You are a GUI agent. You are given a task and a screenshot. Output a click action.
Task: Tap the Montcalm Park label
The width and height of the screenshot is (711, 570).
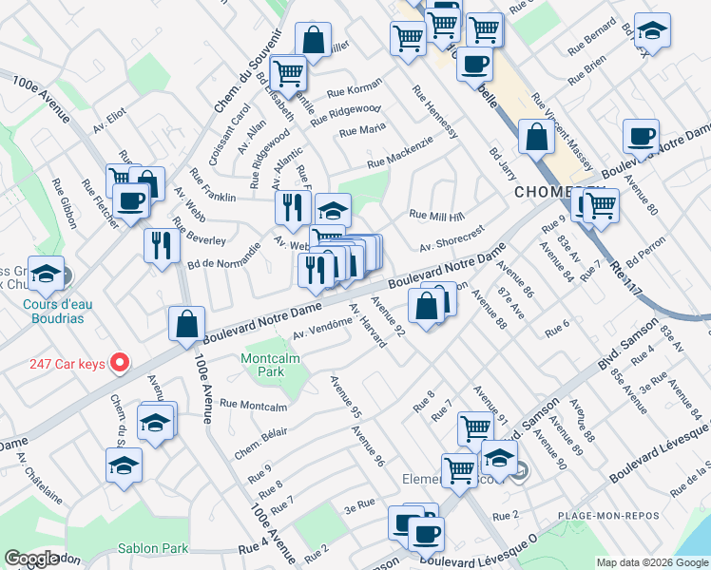[263, 364]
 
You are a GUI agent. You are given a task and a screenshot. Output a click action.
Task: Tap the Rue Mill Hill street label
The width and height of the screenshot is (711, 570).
[436, 216]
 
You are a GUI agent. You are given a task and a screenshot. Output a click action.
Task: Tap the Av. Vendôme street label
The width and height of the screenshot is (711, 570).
[322, 330]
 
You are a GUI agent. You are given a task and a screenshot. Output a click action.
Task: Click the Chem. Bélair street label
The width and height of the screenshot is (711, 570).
[259, 439]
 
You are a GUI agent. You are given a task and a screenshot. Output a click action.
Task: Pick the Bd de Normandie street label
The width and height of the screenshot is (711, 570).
[223, 256]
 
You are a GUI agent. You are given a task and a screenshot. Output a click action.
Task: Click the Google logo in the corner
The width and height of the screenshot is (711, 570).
[31, 558]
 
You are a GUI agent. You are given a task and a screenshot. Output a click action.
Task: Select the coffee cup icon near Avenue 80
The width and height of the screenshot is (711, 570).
[641, 136]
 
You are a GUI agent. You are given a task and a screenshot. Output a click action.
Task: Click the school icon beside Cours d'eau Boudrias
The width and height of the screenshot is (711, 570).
[46, 274]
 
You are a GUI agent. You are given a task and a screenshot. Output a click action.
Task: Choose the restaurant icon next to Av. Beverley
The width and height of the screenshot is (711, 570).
[161, 244]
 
